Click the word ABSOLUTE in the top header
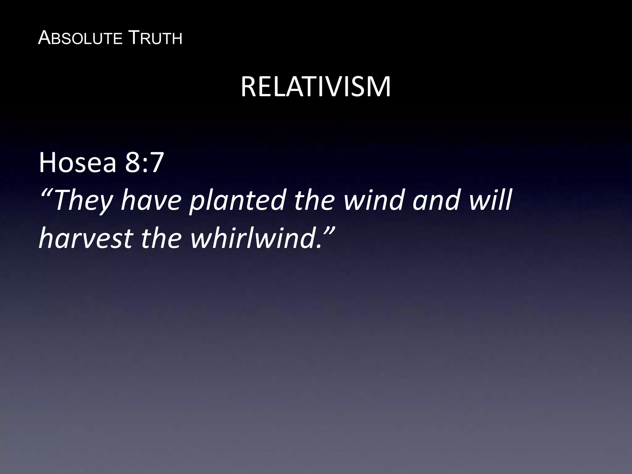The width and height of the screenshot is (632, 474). coord(80,39)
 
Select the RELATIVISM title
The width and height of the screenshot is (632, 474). coord(316,87)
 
